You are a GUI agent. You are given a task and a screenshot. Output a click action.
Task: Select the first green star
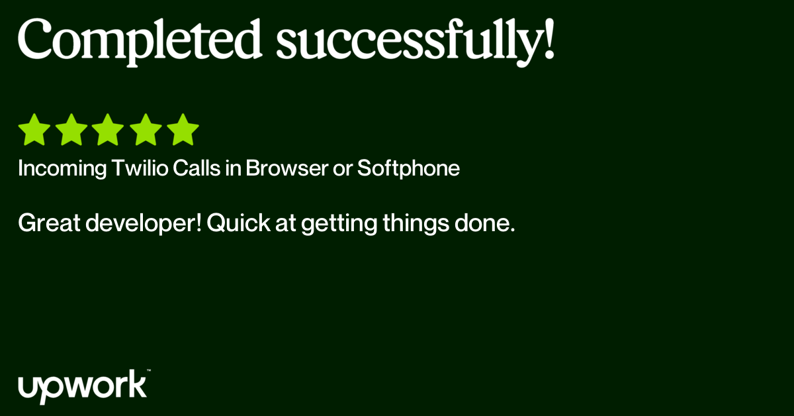(34, 130)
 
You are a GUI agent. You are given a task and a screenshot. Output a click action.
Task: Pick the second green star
(71, 130)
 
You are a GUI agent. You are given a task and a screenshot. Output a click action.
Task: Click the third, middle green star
(108, 130)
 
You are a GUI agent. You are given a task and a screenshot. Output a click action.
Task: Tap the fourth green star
(146, 130)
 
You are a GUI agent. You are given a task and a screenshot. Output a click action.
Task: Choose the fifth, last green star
(183, 130)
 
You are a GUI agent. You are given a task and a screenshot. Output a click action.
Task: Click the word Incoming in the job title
(62, 168)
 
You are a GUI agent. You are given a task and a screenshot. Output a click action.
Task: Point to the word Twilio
(140, 168)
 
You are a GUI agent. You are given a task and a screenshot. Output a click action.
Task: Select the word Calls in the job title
(197, 168)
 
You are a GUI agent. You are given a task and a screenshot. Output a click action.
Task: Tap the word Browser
(287, 168)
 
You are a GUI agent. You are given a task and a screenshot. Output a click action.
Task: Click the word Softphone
(408, 168)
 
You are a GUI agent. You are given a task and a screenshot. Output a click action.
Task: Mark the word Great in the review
(49, 223)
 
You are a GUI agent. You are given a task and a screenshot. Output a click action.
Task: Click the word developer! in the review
(144, 224)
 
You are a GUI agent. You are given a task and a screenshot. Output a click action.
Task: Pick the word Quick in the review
(239, 223)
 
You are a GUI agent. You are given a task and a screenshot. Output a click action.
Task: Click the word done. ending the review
(484, 223)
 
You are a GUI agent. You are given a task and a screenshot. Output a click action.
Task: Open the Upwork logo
(82, 387)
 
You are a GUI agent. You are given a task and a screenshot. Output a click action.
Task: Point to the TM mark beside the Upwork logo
(148, 370)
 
